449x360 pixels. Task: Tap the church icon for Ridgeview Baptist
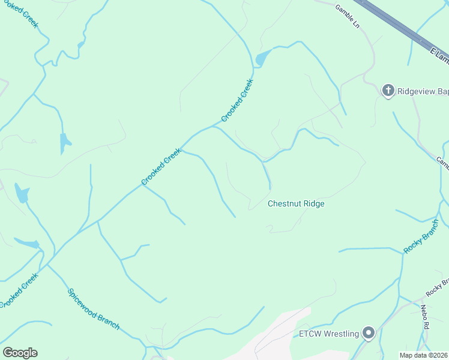[388, 91]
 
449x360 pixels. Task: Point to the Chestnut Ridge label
[296, 204]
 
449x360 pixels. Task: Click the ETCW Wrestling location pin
[369, 333]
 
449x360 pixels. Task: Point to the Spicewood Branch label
[93, 310]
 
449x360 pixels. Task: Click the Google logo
[20, 353]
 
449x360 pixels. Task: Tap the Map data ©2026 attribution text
[424, 355]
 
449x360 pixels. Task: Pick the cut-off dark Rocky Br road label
[437, 286]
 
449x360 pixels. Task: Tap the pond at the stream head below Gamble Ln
[262, 58]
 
